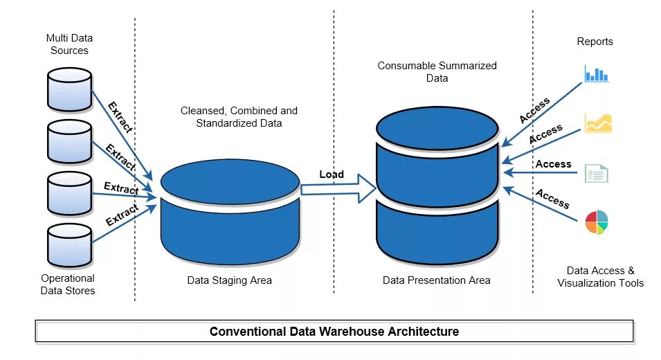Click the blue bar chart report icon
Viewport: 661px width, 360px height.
click(x=596, y=73)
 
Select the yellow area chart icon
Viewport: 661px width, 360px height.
click(x=598, y=123)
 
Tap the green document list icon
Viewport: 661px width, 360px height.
click(x=596, y=172)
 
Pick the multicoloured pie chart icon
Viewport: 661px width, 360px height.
click(x=596, y=223)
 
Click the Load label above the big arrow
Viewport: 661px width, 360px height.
click(x=332, y=174)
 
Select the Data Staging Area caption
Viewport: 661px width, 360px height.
click(x=229, y=280)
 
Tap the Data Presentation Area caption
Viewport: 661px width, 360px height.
click(x=436, y=280)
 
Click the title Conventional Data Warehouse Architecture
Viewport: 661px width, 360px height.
click(x=334, y=332)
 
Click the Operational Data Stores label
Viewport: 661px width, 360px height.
click(x=68, y=285)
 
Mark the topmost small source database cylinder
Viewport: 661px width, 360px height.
click(x=69, y=89)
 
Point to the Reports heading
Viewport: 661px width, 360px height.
click(x=595, y=42)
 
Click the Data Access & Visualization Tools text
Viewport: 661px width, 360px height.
click(x=600, y=277)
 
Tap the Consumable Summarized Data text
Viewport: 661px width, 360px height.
click(x=437, y=72)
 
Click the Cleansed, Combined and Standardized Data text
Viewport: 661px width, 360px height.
click(x=239, y=117)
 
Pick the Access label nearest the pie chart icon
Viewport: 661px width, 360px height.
click(x=552, y=199)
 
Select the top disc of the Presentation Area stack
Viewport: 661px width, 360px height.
click(x=437, y=128)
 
